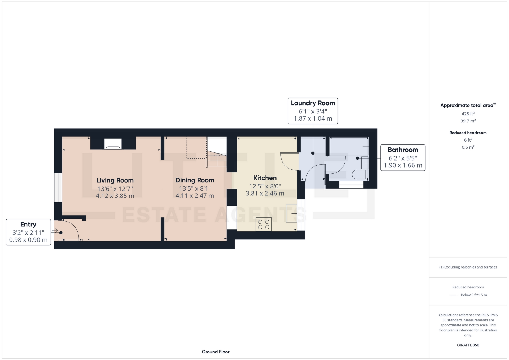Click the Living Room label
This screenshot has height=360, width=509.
click(115, 180)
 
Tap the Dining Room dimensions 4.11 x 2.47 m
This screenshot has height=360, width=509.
click(195, 196)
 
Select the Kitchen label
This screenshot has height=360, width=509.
click(265, 178)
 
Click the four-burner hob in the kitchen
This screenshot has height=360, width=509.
click(264, 224)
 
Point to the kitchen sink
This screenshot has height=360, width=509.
click(291, 213)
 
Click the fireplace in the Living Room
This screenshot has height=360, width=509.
click(113, 144)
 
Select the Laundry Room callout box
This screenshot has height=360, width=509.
click(313, 111)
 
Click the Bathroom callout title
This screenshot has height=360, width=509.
click(403, 150)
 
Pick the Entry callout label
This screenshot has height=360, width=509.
click(28, 224)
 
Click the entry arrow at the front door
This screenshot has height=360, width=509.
click(55, 231)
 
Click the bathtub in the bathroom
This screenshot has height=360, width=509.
click(349, 146)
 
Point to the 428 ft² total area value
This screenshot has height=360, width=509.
click(468, 114)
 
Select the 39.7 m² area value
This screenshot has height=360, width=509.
click(468, 121)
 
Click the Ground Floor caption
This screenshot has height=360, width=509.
click(216, 352)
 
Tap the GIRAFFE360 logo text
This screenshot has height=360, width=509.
click(468, 345)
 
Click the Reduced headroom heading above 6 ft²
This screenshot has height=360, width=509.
click(468, 133)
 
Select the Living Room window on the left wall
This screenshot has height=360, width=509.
click(58, 188)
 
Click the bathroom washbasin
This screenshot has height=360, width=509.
click(365, 163)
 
